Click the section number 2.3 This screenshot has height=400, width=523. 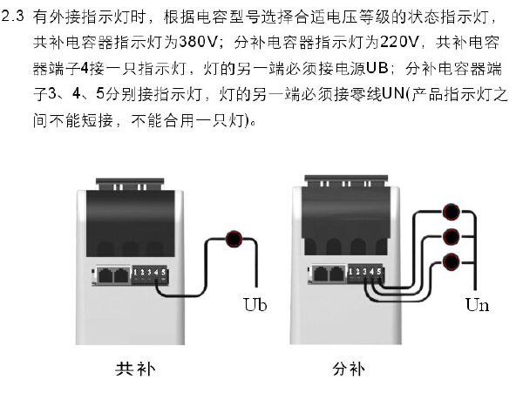coord(13,16)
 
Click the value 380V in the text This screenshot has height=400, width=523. coord(198,43)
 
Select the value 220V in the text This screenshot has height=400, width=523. coord(398,43)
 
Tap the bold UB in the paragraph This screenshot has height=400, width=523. coord(377,68)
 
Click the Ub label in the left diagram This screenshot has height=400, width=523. coord(255,304)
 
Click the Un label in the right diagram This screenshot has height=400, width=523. coord(478,304)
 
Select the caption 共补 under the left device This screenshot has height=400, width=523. coord(135,369)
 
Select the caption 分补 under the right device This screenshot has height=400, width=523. coord(348,369)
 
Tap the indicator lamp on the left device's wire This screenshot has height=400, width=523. coord(234,239)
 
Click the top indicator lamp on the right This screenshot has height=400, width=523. coord(451,212)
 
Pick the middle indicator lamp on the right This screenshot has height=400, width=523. coord(451,237)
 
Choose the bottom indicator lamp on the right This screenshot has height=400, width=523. coord(451,261)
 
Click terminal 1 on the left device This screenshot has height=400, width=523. coord(135,273)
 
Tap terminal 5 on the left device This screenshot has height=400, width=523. coord(164,273)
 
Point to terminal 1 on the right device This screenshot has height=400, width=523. coord(350,272)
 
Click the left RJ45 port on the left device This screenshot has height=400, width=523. coord(105,275)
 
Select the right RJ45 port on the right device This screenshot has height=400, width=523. coord(336,274)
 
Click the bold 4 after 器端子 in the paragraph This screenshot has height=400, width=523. coord(85,68)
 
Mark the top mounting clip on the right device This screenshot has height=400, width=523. coord(346,181)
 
